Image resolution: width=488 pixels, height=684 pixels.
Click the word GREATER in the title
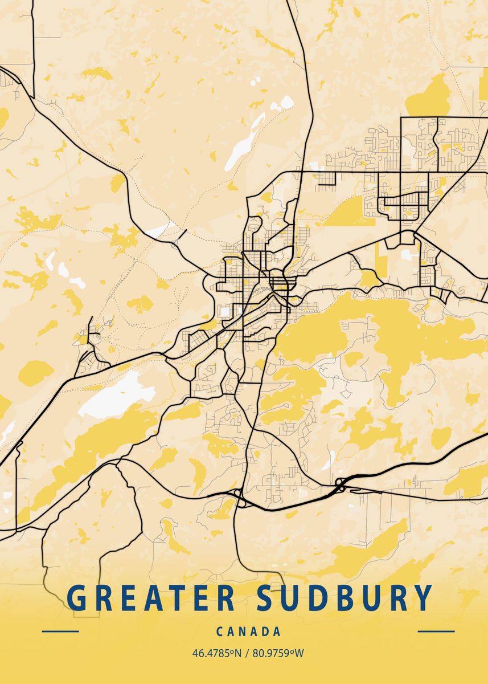151,598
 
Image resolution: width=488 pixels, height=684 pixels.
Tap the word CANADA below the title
248,632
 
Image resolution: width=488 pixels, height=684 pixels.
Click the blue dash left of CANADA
60,632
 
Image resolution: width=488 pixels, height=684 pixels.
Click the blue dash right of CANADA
436,632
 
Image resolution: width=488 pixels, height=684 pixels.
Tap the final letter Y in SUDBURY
422,598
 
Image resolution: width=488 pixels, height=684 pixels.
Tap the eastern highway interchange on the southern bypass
340,484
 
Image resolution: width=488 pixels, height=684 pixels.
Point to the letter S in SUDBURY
268,598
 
